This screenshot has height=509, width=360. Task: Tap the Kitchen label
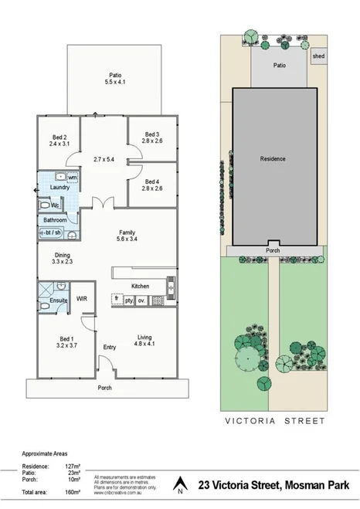pyautogui.click(x=140, y=287)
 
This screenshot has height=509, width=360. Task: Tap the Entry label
pyautogui.click(x=109, y=348)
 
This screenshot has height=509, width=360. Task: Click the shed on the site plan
pyautogui.click(x=317, y=56)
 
